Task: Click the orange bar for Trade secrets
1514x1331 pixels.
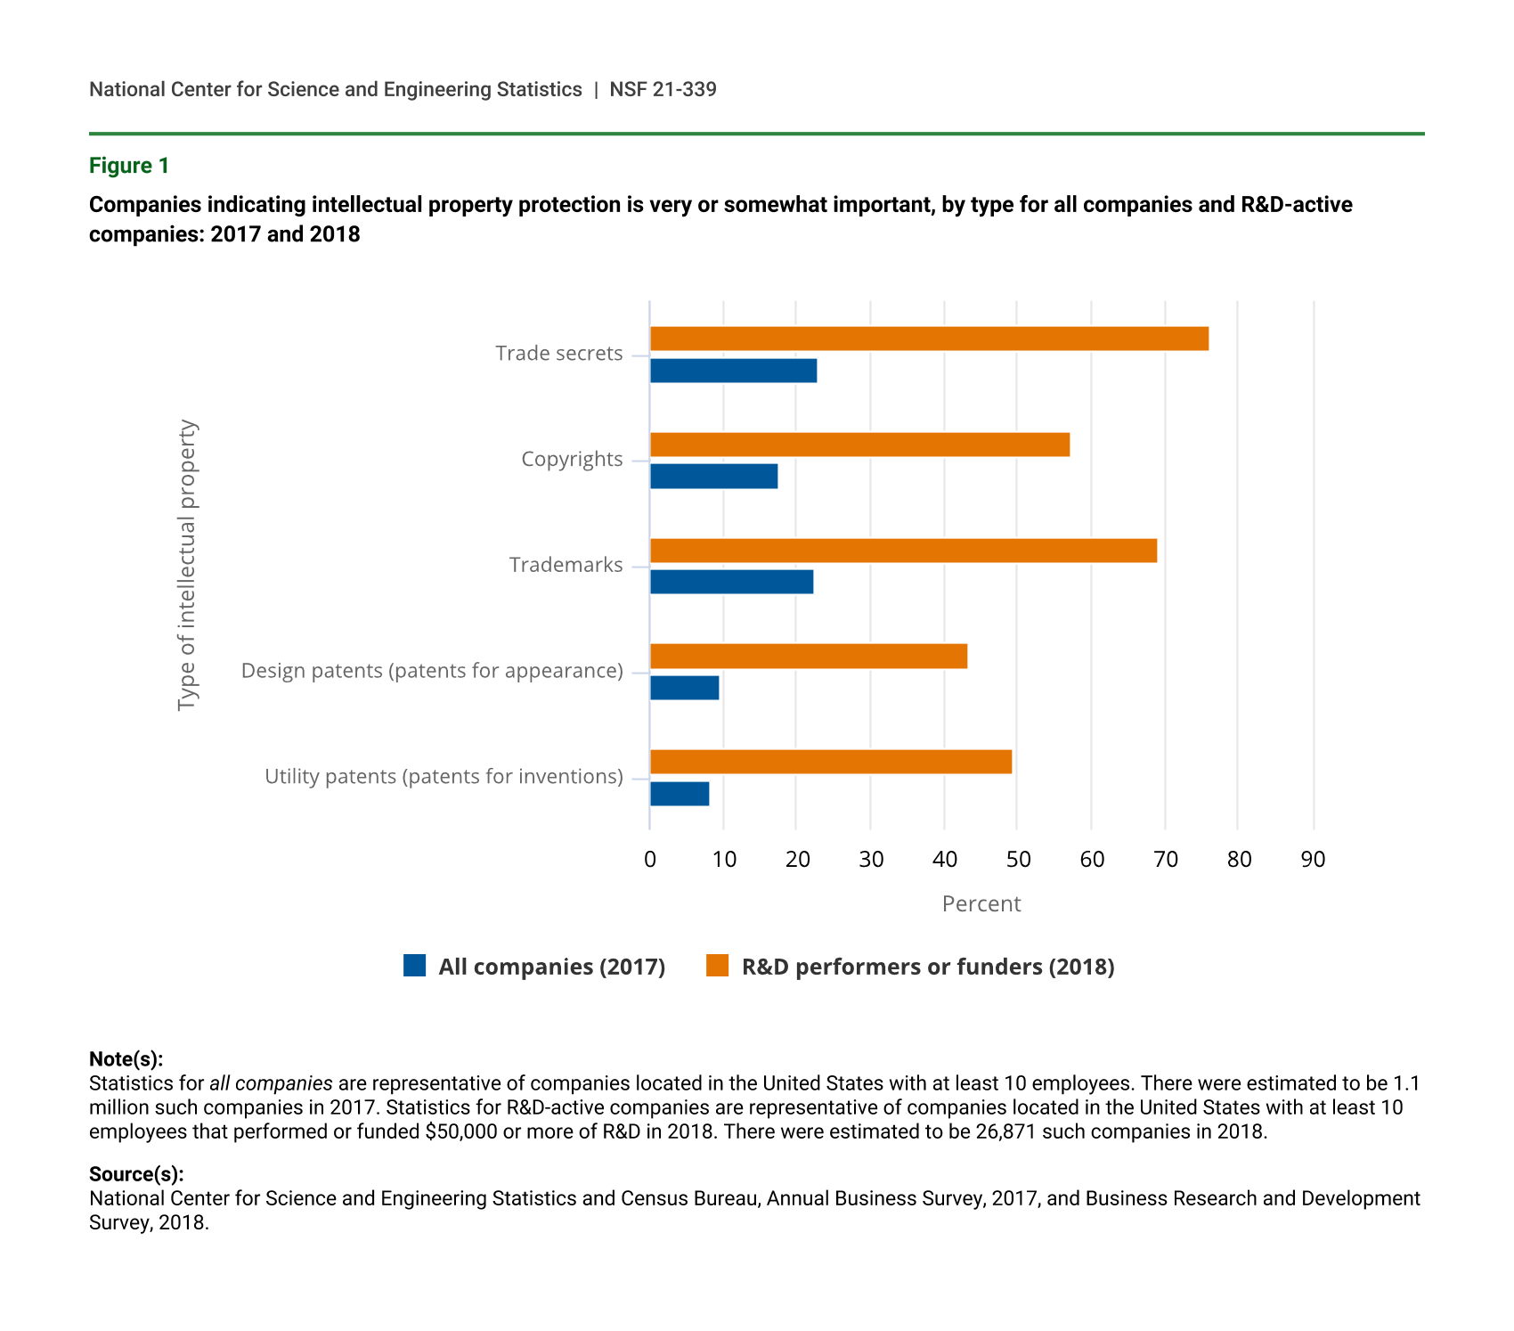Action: coord(929,339)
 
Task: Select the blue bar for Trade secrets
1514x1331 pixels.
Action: coord(733,371)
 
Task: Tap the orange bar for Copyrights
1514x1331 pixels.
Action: coord(859,445)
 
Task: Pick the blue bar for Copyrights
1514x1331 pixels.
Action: coord(713,477)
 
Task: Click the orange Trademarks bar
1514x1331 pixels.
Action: coord(903,551)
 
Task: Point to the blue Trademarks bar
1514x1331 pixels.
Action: coord(731,582)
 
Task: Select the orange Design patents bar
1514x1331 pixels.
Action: coord(809,657)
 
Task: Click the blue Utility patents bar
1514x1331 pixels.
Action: coord(680,794)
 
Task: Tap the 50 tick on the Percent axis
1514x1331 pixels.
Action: coord(1018,860)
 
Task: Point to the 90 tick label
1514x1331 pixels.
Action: coord(1313,860)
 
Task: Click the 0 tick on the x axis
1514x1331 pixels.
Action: coord(650,860)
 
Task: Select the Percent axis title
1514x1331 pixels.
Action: coord(981,904)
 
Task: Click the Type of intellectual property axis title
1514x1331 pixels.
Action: coord(186,566)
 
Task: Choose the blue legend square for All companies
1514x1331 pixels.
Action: coord(414,966)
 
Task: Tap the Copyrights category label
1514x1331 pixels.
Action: coord(572,460)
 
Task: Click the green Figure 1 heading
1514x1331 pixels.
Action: coord(129,166)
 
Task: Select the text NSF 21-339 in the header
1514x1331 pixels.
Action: coord(663,90)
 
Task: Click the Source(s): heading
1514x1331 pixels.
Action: coord(136,1174)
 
